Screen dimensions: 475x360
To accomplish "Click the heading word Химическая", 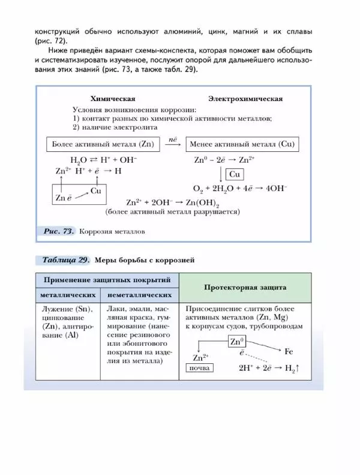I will pos(112,98).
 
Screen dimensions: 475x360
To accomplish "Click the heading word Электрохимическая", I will pos(245,98).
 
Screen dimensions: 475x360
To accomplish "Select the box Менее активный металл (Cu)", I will pos(241,145).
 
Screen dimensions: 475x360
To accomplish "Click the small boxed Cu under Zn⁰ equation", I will pos(235,174).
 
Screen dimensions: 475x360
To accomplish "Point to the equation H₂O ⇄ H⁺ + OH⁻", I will pos(103,160).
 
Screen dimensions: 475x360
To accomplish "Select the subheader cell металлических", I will pos(68,295).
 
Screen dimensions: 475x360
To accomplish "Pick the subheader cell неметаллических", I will pos(139,295).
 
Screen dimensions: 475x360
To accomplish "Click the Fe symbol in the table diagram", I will pos(289,351).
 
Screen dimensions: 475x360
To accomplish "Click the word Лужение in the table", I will pos(56,309).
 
